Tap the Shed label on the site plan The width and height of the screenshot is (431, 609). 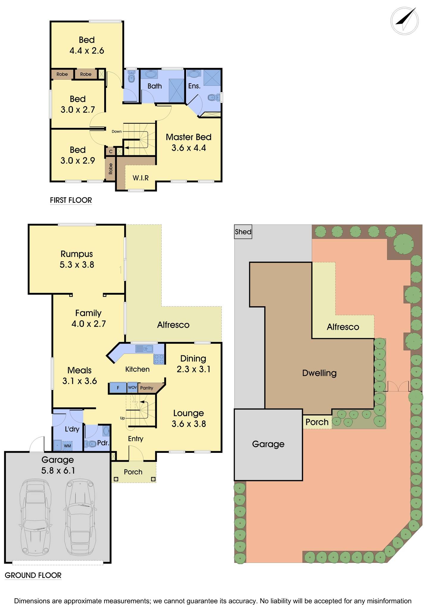pos(243,232)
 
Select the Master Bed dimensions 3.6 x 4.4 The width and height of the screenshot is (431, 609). pos(189,148)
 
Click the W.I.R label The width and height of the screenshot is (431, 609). pos(140,178)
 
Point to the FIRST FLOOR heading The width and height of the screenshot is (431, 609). pos(71,200)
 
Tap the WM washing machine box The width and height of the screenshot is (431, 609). pos(68,446)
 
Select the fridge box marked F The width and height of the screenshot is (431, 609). pos(118,388)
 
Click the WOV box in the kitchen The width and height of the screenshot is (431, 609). pos(132,387)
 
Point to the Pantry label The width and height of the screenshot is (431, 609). pos(146,388)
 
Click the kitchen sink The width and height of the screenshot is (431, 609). pos(144,349)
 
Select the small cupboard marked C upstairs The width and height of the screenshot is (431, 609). pos(111,151)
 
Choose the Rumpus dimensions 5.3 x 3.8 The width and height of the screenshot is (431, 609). pos(77,265)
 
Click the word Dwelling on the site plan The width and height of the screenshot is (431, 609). pos(319,373)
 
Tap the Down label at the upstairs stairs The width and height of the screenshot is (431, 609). pos(117,131)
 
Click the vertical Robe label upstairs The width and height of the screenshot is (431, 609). pos(111,169)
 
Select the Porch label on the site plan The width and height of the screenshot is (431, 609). pos(317,422)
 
